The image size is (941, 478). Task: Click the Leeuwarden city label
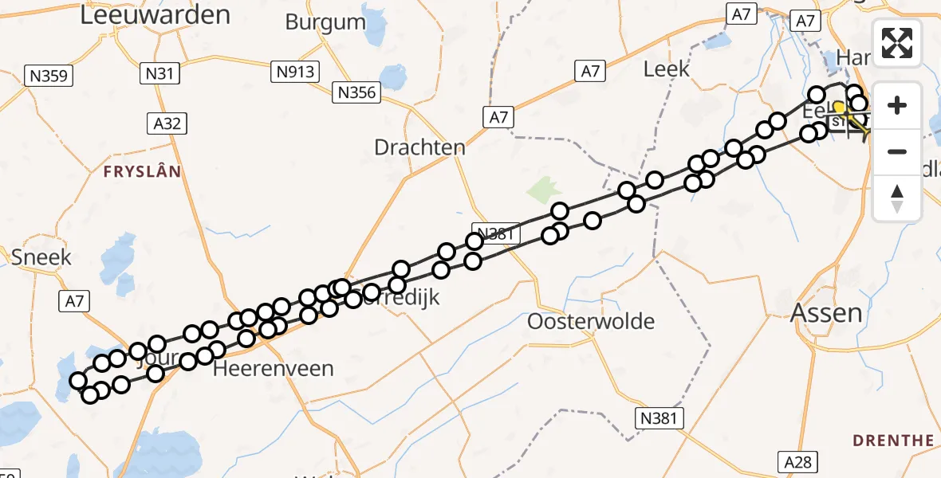pos(156,15)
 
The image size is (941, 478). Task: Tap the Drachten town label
pos(420,147)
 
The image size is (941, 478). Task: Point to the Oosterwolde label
pos(591,322)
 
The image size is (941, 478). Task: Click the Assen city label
pos(826,313)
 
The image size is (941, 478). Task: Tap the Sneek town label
pos(41,257)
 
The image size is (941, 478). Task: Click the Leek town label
pos(666,69)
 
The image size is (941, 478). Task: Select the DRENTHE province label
pos(893,441)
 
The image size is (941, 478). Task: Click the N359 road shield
pos(49,76)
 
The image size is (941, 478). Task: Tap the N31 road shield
pos(159,74)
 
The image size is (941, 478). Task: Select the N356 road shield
pos(356,92)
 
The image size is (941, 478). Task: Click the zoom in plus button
pos(897,105)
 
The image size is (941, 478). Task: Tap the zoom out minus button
pos(897,151)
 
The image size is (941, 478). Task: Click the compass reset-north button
pos(897,198)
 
